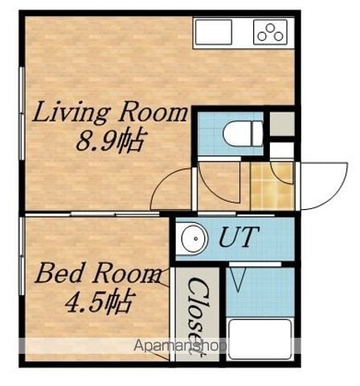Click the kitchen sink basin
tap(214, 32)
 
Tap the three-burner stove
tap(270, 32)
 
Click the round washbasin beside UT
tap(194, 239)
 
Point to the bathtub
tap(260, 339)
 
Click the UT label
tap(239, 236)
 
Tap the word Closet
tap(198, 317)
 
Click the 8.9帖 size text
tap(109, 141)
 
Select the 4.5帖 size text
tap(99, 302)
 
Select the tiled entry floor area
tap(272, 186)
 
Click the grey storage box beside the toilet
tap(282, 124)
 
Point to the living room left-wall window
tap(22, 113)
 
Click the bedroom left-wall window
tap(22, 256)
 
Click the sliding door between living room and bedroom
tap(92, 214)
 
